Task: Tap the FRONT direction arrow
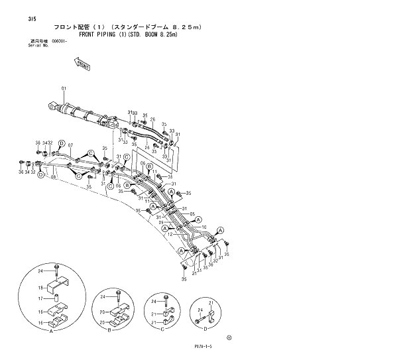pos(82,63)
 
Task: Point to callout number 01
pos(64,88)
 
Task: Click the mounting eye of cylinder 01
pos(52,105)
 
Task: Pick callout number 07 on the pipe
pos(70,146)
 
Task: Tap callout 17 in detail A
pos(39,299)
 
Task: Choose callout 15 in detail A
pos(39,311)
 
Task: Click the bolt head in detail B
pos(120,292)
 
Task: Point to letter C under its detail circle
pos(162,329)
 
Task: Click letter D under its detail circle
pos(206,329)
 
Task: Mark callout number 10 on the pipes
pos(194,227)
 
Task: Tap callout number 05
pos(192,215)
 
